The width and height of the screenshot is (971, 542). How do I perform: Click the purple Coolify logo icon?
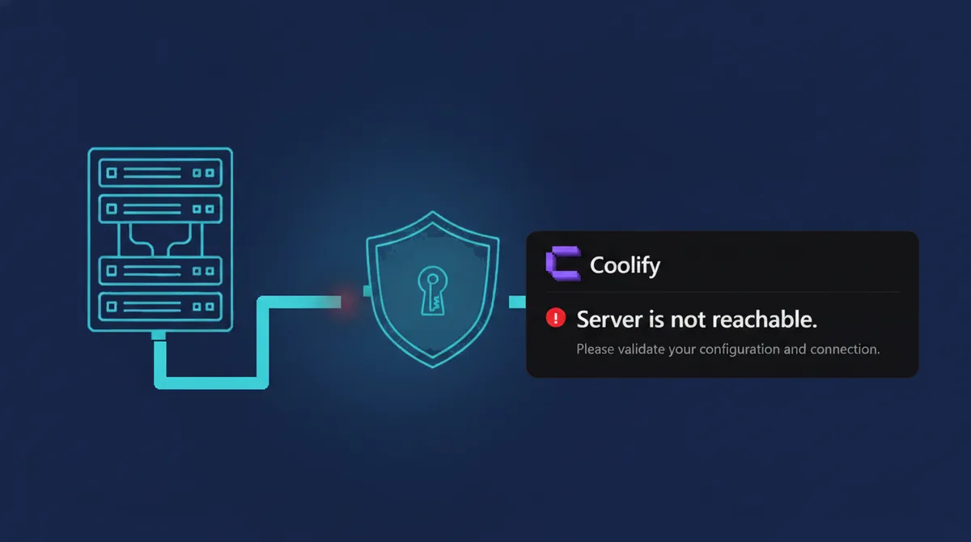[563, 263]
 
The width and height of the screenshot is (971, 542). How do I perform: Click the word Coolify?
[625, 265]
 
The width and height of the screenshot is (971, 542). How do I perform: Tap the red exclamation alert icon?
[556, 318]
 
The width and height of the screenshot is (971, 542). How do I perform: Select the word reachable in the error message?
[765, 320]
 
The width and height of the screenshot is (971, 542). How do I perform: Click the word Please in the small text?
[596, 349]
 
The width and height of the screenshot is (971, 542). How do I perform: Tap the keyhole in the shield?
[433, 290]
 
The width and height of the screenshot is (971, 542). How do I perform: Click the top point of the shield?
[432, 212]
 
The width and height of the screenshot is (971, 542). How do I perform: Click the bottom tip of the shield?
[433, 367]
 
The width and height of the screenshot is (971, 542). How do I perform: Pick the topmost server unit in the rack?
[160, 173]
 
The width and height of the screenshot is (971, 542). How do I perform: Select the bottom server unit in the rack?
[160, 307]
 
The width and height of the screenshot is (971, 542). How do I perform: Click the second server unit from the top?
[160, 209]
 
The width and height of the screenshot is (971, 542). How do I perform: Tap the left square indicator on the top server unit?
[112, 173]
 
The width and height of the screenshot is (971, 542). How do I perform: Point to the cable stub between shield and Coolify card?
[517, 302]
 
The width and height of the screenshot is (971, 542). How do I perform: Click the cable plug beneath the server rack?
[159, 336]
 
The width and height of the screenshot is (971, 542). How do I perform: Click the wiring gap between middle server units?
[160, 239]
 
